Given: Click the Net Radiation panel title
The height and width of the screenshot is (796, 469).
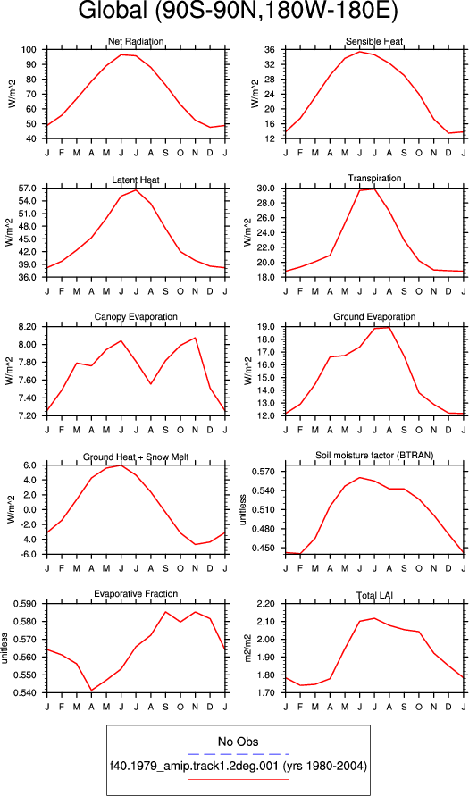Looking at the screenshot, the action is [136, 41].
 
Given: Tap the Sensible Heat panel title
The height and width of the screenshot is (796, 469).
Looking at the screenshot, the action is [374, 41].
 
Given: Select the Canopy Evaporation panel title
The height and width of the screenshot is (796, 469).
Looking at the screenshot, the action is [136, 317].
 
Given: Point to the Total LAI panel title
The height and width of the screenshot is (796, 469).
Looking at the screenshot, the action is [374, 593].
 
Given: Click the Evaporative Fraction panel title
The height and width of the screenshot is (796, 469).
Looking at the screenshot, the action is [136, 593].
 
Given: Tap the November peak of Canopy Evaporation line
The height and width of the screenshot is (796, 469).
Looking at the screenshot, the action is [196, 338].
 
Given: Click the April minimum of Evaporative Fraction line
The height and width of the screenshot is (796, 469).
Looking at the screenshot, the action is [92, 691].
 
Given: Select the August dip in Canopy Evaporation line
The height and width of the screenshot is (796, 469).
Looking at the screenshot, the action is [151, 384].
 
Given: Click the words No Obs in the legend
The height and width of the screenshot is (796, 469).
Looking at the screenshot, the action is [238, 742].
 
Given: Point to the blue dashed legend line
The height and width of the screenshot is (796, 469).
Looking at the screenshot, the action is [238, 754].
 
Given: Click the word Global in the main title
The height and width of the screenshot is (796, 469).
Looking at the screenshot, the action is [114, 13].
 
